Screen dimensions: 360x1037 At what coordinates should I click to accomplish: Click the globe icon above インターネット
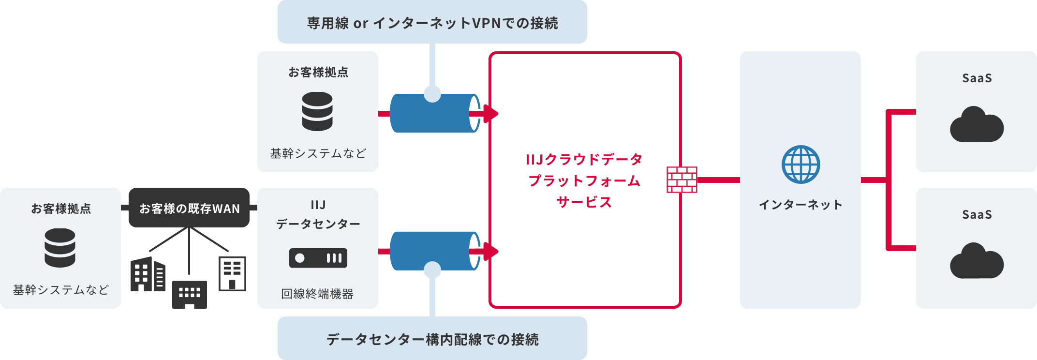click(800, 165)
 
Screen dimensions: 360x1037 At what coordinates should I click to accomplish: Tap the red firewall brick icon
click(682, 180)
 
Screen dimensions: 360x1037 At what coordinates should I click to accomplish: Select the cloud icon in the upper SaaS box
click(977, 125)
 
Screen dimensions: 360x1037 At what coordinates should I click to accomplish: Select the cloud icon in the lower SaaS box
click(977, 261)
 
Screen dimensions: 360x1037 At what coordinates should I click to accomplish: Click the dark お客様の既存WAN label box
click(189, 208)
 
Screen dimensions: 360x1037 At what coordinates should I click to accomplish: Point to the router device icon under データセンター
click(318, 258)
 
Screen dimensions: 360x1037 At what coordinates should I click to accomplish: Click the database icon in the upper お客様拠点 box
click(317, 112)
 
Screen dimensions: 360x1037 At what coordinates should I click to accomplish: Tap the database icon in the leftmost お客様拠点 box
click(60, 248)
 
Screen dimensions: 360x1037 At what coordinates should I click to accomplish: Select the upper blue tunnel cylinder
click(430, 114)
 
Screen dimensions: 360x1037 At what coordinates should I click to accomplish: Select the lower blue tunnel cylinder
click(430, 251)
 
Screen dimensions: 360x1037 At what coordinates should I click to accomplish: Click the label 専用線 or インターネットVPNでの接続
click(432, 23)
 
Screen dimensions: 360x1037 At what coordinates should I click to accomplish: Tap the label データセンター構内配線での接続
click(432, 339)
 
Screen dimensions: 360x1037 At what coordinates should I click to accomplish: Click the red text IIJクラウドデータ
click(584, 159)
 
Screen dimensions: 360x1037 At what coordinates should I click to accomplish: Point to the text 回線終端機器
click(317, 294)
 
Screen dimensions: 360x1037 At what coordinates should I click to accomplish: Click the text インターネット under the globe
click(800, 205)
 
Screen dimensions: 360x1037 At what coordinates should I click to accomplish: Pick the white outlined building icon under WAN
click(232, 274)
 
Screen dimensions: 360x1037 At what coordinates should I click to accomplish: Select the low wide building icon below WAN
click(190, 294)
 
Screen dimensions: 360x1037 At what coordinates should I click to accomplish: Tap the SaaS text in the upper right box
click(977, 78)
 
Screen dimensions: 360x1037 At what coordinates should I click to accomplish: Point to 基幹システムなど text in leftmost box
click(60, 290)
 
